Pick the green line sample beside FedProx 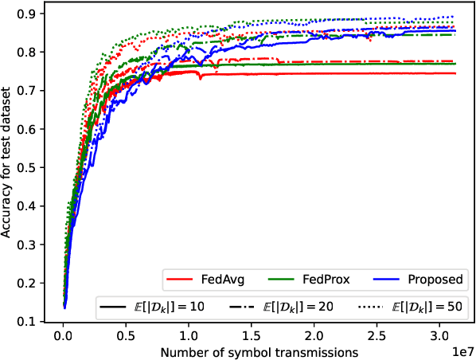(284, 280)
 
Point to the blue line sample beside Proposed (387, 280)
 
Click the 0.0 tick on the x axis (64, 335)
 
